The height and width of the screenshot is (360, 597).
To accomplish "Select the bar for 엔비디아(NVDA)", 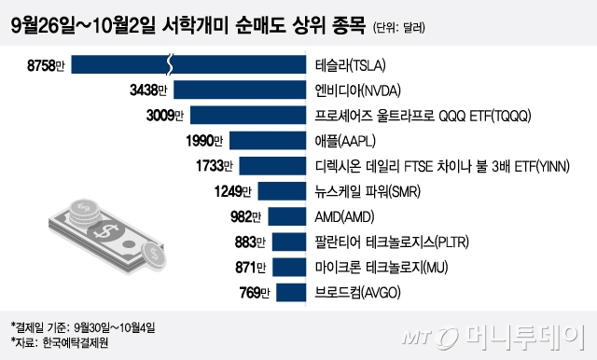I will pos(241,90).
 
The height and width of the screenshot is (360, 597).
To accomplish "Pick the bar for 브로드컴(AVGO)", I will pos(289,295).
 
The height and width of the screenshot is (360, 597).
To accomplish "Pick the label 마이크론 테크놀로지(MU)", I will pos(382,269).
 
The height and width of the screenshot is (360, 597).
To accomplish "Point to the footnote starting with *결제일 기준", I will pos(84,326).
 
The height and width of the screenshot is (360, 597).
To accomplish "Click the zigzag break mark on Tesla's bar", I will pos(169,65).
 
